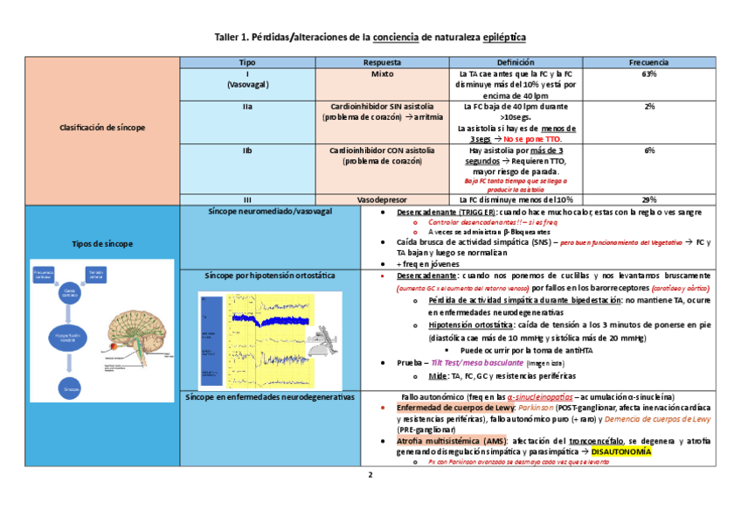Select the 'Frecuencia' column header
click(649, 63)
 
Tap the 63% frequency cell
click(649, 74)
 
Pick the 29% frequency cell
click(649, 199)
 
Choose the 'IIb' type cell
click(247, 150)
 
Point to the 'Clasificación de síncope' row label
click(102, 128)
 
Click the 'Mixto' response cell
click(382, 74)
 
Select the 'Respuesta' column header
click(382, 63)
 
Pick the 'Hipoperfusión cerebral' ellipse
click(72, 337)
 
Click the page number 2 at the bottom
click(370, 476)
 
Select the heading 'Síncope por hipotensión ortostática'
click(270, 275)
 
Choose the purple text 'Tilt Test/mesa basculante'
click(478, 362)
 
